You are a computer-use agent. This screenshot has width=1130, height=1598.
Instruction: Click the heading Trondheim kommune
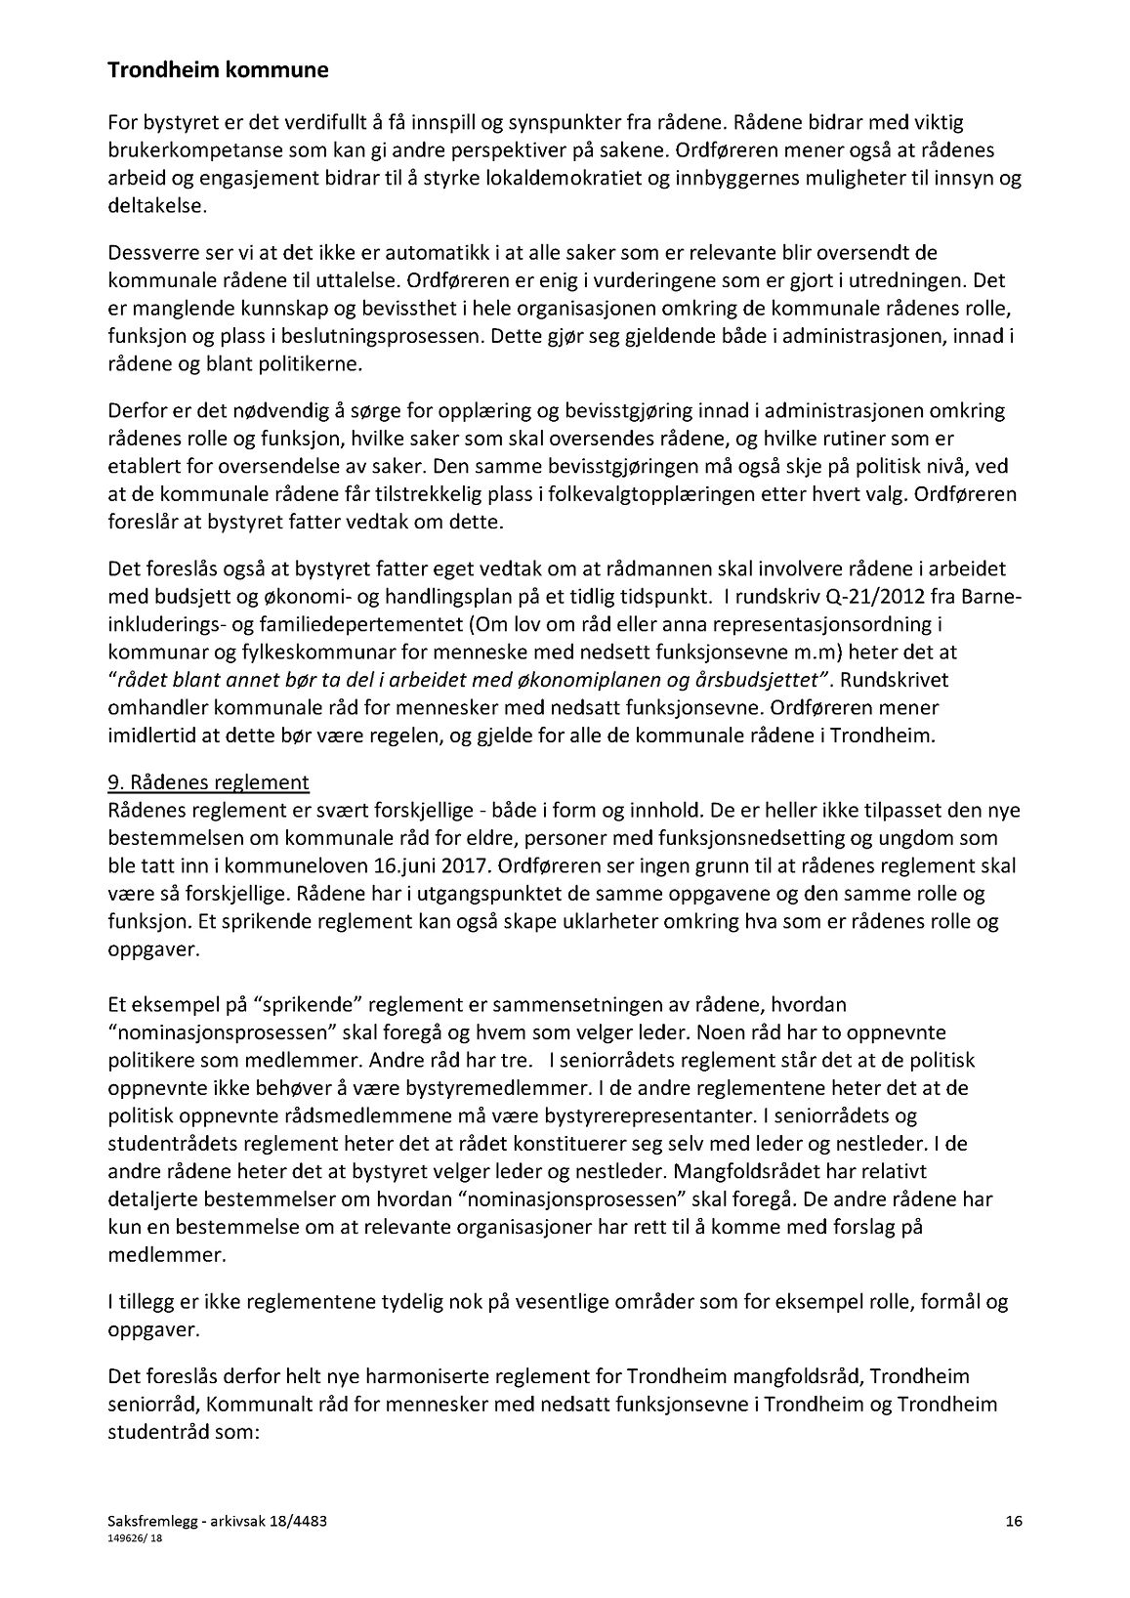(x=218, y=70)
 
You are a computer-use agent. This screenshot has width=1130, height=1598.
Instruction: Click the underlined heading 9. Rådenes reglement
(x=208, y=782)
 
